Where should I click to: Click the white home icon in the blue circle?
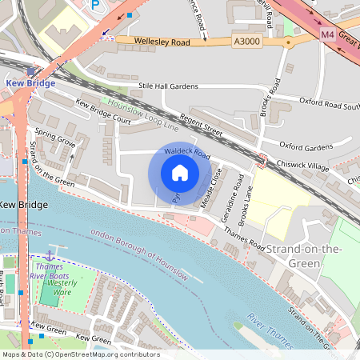click(x=180, y=173)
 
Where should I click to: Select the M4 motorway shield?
click(x=327, y=35)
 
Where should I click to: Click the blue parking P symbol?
click(x=96, y=6)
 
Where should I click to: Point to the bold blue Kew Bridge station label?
click(x=30, y=82)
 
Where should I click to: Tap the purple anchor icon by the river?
click(x=49, y=254)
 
